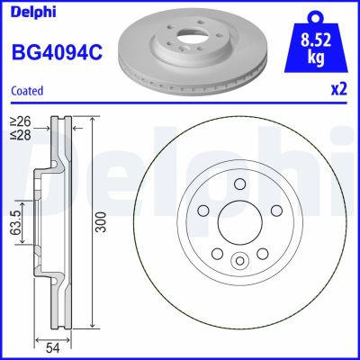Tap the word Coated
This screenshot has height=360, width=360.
click(28, 90)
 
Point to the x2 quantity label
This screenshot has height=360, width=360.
click(337, 91)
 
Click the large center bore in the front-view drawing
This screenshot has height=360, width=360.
click(239, 221)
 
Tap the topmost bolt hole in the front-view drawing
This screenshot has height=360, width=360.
click(239, 184)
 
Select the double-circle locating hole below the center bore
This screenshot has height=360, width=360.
click(239, 261)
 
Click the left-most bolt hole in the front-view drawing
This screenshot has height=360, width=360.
click(203, 211)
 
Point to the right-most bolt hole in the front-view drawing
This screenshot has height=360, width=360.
click(275, 211)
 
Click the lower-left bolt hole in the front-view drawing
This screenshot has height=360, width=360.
click(217, 252)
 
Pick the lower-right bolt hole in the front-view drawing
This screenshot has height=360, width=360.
click(262, 252)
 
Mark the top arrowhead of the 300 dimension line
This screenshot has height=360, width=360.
click(94, 119)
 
